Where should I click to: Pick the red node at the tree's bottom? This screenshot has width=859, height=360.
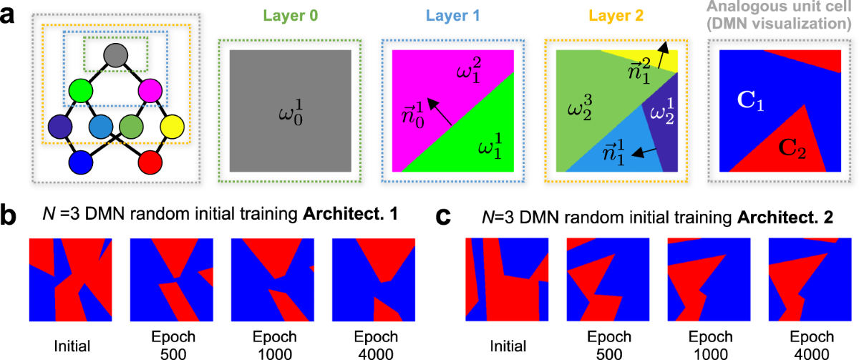(x=151, y=162)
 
